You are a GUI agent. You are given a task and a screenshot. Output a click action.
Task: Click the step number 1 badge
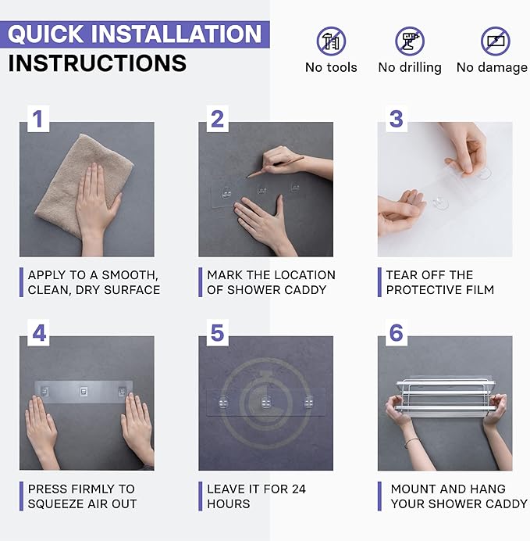[38, 119]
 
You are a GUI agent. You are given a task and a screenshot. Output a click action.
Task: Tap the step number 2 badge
[217, 119]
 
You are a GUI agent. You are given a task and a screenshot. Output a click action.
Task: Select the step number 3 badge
[397, 119]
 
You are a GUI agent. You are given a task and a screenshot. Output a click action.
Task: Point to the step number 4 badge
[38, 333]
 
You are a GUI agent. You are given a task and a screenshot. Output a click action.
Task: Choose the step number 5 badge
[217, 333]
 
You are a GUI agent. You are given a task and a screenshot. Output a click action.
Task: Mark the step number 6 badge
[397, 333]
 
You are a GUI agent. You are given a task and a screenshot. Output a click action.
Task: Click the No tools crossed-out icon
[331, 41]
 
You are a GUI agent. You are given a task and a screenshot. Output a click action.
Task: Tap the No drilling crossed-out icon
[410, 41]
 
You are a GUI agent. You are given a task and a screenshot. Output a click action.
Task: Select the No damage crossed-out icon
[496, 41]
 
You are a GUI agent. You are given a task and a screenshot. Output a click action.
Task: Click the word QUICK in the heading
[45, 34]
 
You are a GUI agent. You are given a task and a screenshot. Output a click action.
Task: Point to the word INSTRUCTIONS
[98, 63]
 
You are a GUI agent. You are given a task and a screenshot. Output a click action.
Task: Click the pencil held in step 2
[276, 167]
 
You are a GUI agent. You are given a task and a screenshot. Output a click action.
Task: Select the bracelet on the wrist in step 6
[411, 442]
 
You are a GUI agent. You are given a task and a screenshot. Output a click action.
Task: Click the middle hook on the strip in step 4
[84, 392]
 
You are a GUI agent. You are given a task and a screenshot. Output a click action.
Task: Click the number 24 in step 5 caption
[299, 489]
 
